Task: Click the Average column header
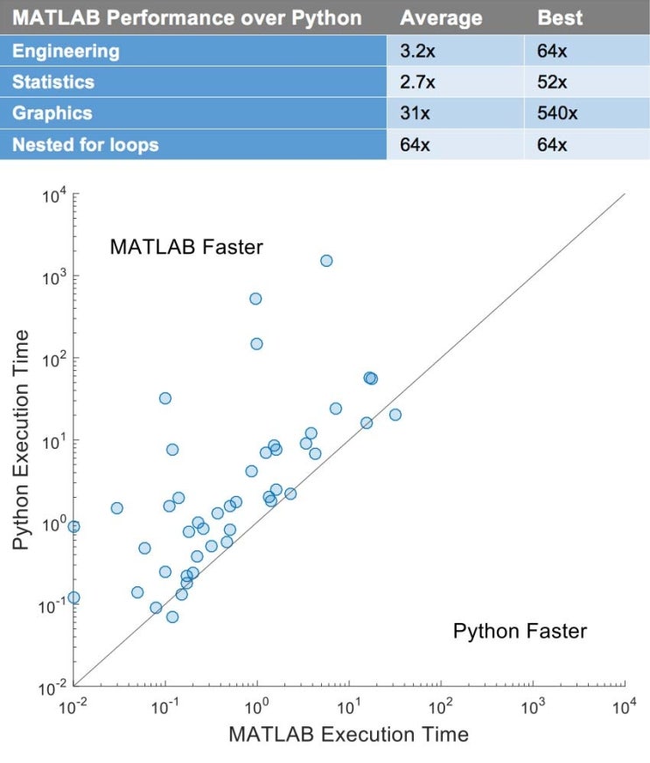tap(441, 17)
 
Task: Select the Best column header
tap(559, 17)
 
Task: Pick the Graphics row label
tap(52, 113)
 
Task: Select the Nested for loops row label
tap(85, 144)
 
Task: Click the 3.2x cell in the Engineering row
tap(414, 50)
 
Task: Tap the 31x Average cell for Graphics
tap(411, 113)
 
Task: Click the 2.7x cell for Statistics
tap(414, 81)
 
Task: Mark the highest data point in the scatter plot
tap(326, 261)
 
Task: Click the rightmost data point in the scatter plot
tap(395, 415)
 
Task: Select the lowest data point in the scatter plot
tap(172, 617)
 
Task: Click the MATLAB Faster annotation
tap(185, 248)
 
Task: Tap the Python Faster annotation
tap(520, 631)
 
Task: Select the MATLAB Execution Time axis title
tap(348, 734)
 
